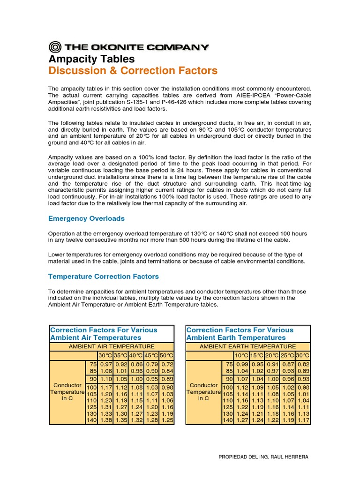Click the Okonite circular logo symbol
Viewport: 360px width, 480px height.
pyautogui.click(x=55, y=46)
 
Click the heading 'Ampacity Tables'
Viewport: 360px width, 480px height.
pyautogui.click(x=92, y=59)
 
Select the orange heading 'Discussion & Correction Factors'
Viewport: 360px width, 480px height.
pyautogui.click(x=133, y=71)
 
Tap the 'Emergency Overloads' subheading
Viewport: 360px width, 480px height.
pyautogui.click(x=87, y=218)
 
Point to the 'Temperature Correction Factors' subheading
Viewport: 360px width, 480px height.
pyautogui.click(x=104, y=277)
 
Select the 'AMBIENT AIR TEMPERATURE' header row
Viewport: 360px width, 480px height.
pyautogui.click(x=112, y=346)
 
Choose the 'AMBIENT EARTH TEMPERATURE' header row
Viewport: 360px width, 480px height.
pyautogui.click(x=248, y=346)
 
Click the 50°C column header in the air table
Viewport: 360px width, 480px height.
pyautogui.click(x=166, y=356)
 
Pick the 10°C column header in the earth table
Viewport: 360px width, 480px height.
pyautogui.click(x=242, y=356)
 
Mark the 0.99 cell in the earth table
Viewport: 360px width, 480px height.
pyautogui.click(x=242, y=364)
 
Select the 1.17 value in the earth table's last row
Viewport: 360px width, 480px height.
pyautogui.click(x=303, y=420)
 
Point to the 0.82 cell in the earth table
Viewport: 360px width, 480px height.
pyautogui.click(x=303, y=364)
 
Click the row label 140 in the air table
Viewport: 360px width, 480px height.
pyautogui.click(x=91, y=420)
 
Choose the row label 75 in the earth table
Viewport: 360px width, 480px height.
pyautogui.click(x=229, y=364)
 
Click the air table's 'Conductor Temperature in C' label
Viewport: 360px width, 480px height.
pyautogui.click(x=67, y=392)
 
